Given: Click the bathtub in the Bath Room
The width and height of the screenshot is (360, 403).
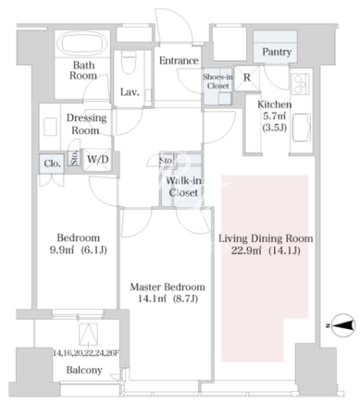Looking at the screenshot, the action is click(x=84, y=43).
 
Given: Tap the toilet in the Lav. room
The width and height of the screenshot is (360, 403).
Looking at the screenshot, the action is click(x=129, y=62).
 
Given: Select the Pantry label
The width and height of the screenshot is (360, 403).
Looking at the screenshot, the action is click(x=277, y=52).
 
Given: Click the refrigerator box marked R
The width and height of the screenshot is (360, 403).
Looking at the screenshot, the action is click(x=247, y=78).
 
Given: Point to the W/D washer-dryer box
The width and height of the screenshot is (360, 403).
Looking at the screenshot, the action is click(x=97, y=160).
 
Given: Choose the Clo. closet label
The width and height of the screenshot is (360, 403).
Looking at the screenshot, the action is click(x=52, y=164).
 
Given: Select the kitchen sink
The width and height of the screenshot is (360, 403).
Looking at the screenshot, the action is click(x=302, y=128).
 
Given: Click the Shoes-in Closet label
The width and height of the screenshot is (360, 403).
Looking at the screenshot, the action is click(x=217, y=81).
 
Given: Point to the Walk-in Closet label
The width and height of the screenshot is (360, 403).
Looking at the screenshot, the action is click(x=183, y=187).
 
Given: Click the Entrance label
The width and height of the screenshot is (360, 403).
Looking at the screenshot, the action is click(x=179, y=60).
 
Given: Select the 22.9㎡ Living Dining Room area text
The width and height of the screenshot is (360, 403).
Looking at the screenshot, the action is click(x=245, y=251).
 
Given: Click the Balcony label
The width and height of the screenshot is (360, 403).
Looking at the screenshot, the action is click(x=84, y=370).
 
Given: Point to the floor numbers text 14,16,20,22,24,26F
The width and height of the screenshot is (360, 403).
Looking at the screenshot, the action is click(x=85, y=353).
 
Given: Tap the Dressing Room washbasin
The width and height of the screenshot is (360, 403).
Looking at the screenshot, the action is click(x=50, y=127).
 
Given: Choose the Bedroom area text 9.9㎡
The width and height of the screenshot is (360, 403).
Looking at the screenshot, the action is click(x=62, y=250).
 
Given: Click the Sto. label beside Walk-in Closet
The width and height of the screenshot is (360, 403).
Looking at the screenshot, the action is click(x=167, y=161).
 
